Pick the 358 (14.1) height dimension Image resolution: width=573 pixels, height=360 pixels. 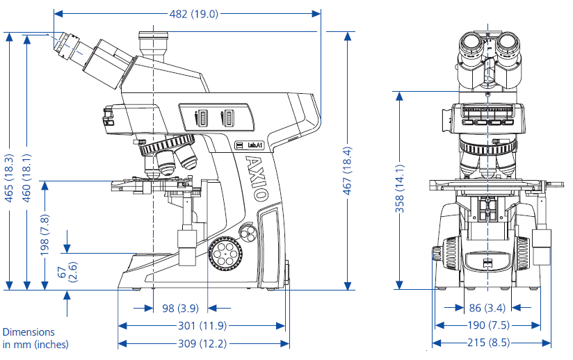click(x=399, y=191)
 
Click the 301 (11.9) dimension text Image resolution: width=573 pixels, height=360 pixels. click(x=202, y=325)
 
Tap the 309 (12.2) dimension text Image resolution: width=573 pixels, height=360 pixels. click(x=202, y=343)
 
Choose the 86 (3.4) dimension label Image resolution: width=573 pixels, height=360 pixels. click(x=488, y=308)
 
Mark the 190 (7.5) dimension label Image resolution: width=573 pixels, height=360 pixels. click(x=488, y=325)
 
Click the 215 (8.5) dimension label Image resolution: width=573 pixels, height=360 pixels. click(x=488, y=343)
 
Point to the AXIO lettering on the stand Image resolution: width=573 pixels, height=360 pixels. click(x=255, y=178)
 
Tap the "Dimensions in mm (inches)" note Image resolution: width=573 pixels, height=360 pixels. click(x=35, y=338)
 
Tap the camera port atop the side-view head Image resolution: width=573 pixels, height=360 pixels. click(x=153, y=44)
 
